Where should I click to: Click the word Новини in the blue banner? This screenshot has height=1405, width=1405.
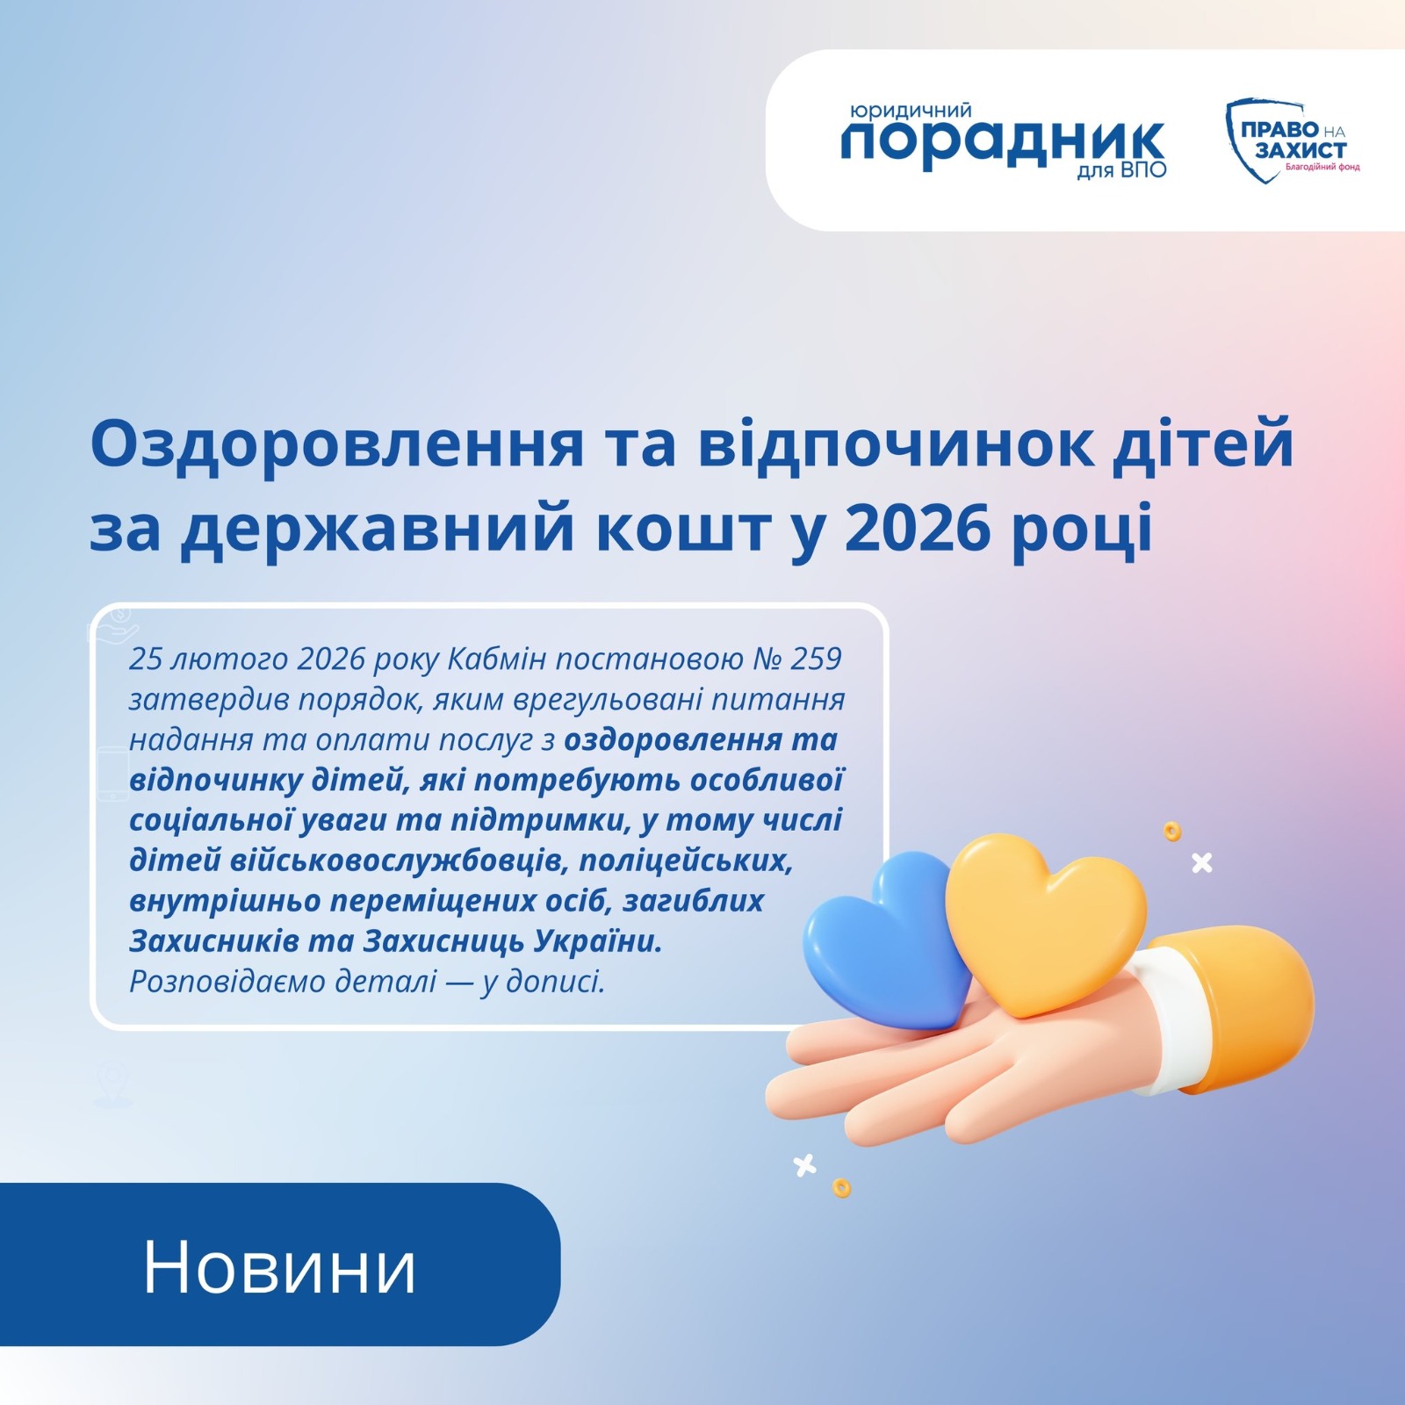[279, 1267]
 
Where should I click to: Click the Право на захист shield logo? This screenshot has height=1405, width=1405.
[1292, 140]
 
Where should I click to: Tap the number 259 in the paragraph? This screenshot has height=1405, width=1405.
[816, 659]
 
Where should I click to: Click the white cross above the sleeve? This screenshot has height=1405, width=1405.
[1202, 863]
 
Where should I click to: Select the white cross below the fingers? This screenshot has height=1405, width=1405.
[804, 1165]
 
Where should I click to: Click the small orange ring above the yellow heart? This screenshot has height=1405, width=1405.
[1172, 831]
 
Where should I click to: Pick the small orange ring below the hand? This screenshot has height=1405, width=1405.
[841, 1188]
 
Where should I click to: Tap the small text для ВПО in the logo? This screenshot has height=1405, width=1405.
[1121, 169]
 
